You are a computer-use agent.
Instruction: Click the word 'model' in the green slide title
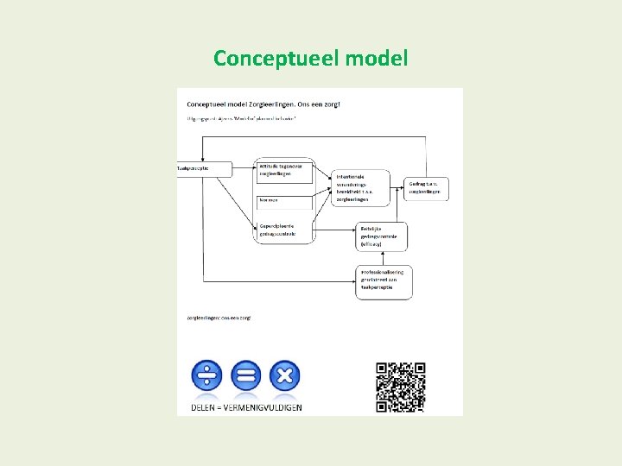click(x=376, y=59)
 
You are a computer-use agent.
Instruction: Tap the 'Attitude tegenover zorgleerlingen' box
click(x=284, y=171)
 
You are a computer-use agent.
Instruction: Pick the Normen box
click(x=284, y=201)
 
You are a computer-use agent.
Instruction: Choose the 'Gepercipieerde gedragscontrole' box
click(x=284, y=229)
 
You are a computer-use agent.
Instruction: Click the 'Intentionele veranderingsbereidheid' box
click(x=360, y=187)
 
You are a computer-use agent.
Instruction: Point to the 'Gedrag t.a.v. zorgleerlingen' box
click(x=428, y=187)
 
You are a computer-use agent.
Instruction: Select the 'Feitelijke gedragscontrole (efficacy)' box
click(x=381, y=236)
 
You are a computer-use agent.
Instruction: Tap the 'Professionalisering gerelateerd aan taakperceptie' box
click(x=384, y=282)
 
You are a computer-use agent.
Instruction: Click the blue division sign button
click(x=206, y=375)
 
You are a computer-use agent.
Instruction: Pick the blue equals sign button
click(x=246, y=375)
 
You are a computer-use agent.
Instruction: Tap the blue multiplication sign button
click(x=285, y=375)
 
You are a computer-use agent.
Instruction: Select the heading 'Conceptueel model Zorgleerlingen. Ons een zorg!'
click(x=263, y=104)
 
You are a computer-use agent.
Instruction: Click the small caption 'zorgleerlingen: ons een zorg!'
click(x=219, y=318)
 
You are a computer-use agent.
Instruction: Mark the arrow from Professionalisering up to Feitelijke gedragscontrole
click(x=382, y=257)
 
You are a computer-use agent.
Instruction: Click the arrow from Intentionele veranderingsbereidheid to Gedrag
click(x=398, y=186)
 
